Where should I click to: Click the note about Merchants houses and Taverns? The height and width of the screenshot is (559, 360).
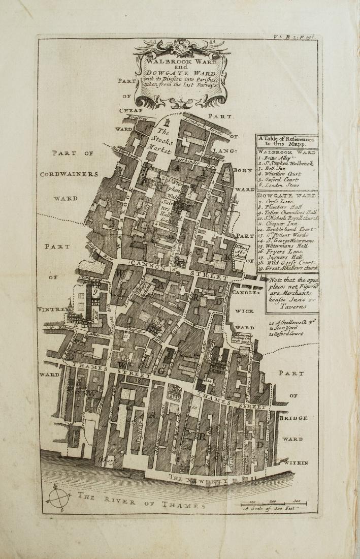[x=292, y=292]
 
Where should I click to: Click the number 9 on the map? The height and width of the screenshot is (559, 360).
[x=94, y=292]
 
